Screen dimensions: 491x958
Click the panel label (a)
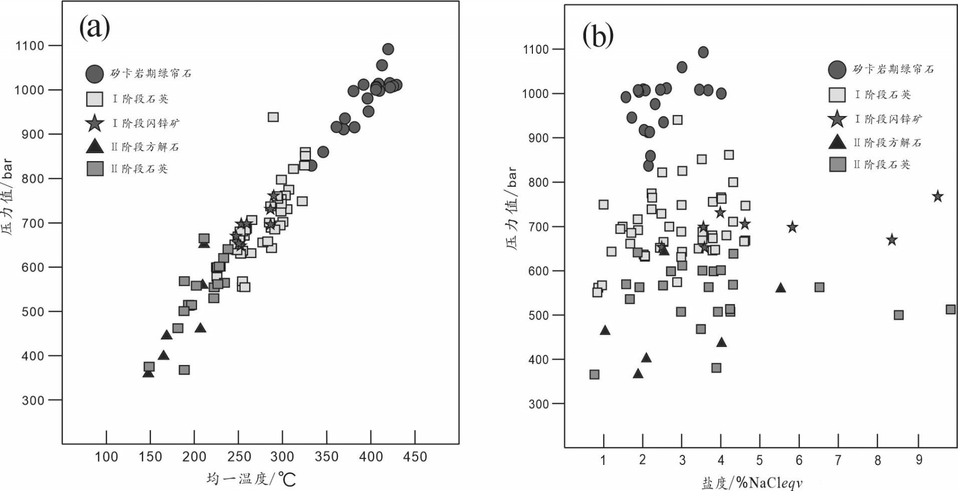[x=95, y=27]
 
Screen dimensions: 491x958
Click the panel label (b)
[x=598, y=36]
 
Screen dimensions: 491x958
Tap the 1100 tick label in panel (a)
[x=30, y=46]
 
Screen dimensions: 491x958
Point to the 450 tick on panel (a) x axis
[x=415, y=456]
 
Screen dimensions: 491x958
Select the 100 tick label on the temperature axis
[x=106, y=456]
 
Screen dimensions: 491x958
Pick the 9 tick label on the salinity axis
[x=919, y=460]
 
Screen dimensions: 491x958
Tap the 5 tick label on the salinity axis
[x=760, y=460]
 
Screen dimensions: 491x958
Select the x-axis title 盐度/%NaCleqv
[x=751, y=483]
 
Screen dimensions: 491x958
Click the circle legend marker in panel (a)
[x=95, y=74]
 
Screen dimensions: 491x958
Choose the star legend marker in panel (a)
[x=95, y=123]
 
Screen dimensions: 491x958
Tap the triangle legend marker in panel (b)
[x=837, y=142]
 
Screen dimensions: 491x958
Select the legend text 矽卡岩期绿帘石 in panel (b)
[x=893, y=69]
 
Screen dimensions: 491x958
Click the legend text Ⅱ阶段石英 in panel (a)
[x=139, y=169]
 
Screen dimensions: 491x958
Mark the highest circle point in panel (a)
[x=388, y=49]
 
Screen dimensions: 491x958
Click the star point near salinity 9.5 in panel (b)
[x=937, y=196]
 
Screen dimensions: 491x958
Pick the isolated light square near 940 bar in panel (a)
[x=273, y=117]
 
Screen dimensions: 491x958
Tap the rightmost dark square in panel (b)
[x=951, y=310]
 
